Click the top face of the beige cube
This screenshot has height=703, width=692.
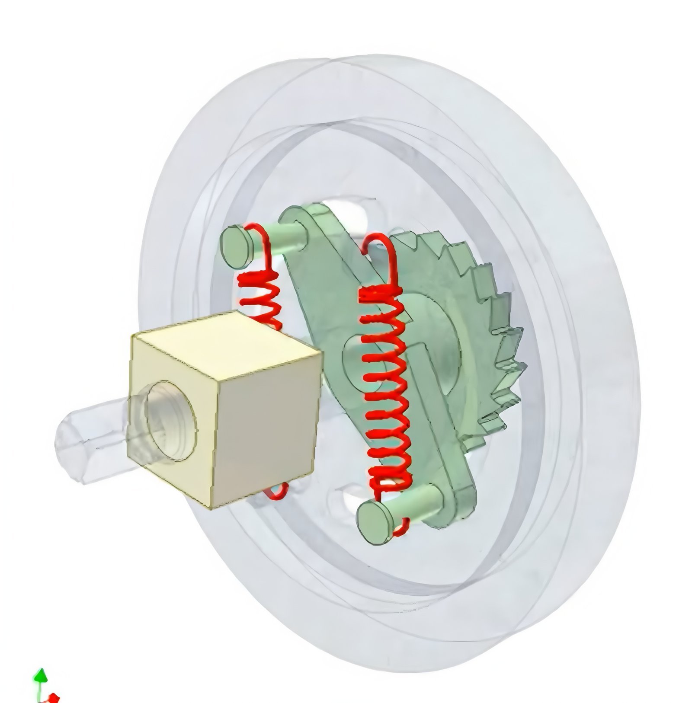click(x=225, y=342)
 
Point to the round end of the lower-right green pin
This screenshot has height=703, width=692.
click(x=375, y=523)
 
